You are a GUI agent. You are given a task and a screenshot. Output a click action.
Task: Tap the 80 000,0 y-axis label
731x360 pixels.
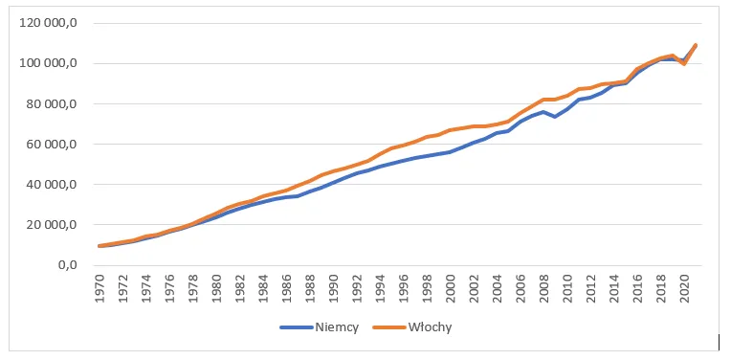pos(59,103)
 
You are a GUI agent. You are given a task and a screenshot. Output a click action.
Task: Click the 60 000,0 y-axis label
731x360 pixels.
pos(59,145)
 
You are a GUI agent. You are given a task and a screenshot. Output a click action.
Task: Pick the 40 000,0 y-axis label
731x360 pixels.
pos(59,185)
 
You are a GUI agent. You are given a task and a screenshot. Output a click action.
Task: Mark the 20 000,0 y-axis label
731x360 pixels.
pos(59,225)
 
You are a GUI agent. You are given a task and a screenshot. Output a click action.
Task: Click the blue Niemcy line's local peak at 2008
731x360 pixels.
pos(544,112)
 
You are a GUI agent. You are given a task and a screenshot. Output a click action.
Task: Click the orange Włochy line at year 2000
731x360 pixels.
pos(451,130)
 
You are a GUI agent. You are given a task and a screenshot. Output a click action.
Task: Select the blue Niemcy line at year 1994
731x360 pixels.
pos(381,167)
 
